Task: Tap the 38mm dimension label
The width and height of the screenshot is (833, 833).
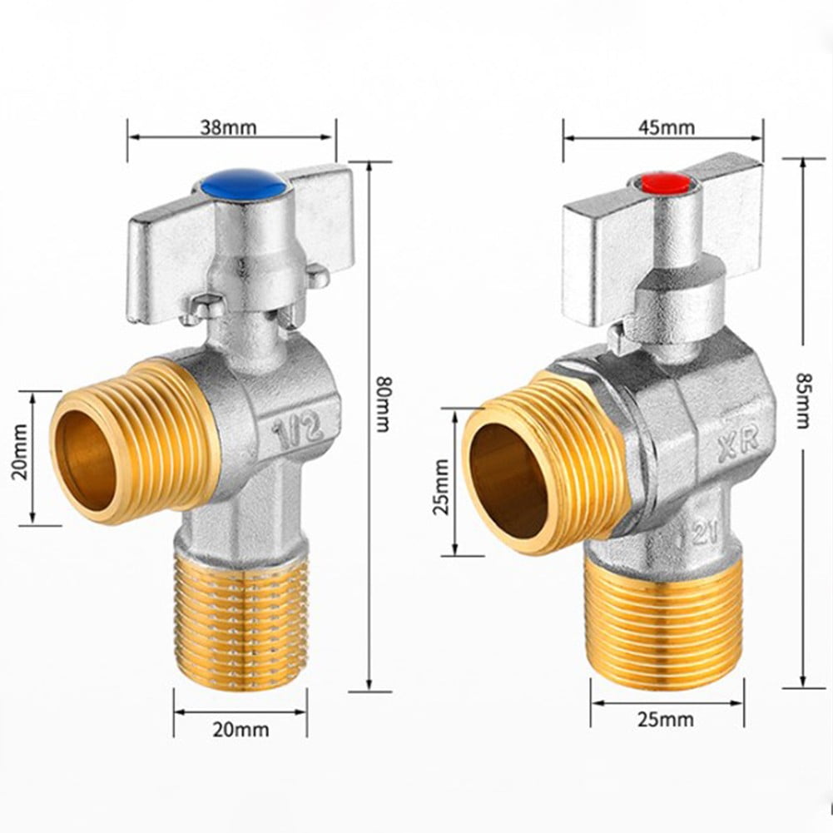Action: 228,127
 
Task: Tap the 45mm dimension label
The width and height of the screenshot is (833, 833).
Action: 666,127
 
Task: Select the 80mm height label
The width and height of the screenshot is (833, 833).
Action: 382,404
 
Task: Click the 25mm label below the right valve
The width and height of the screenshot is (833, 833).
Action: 666,719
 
